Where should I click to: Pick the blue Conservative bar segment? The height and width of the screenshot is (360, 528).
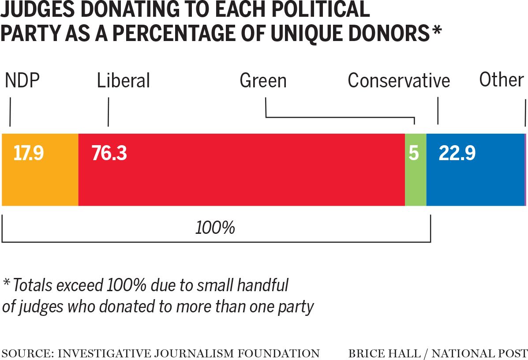475,181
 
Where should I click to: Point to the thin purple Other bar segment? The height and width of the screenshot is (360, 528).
525,170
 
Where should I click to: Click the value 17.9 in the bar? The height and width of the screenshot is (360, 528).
28,154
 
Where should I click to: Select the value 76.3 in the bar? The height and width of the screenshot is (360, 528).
109,154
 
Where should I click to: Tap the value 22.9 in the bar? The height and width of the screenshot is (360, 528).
457,154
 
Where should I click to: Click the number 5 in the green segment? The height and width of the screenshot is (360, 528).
413,154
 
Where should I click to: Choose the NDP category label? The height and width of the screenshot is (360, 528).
22,81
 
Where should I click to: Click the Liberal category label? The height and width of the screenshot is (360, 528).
124,81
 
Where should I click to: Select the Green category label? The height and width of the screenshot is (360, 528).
263,81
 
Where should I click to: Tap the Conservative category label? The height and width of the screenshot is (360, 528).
398,81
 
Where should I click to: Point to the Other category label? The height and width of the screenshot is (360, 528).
502,80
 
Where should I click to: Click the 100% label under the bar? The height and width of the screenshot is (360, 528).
215,228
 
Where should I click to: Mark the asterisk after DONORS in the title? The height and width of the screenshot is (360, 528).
437,32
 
